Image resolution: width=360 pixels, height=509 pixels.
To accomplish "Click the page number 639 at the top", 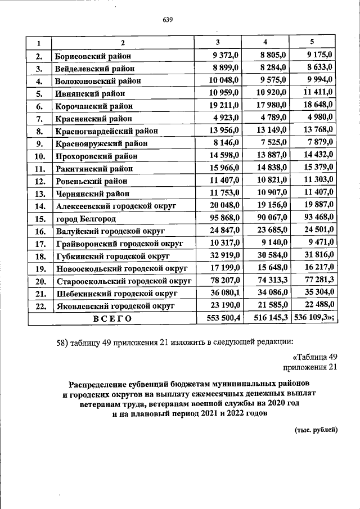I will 167,20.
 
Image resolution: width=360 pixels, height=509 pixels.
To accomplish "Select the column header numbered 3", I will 218,43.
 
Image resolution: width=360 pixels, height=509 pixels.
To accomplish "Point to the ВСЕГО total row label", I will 112,318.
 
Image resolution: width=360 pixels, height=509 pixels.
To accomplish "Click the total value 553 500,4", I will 221,318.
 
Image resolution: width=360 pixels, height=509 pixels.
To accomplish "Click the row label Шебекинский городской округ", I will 117,293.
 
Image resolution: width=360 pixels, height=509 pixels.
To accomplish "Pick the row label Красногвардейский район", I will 106,130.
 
